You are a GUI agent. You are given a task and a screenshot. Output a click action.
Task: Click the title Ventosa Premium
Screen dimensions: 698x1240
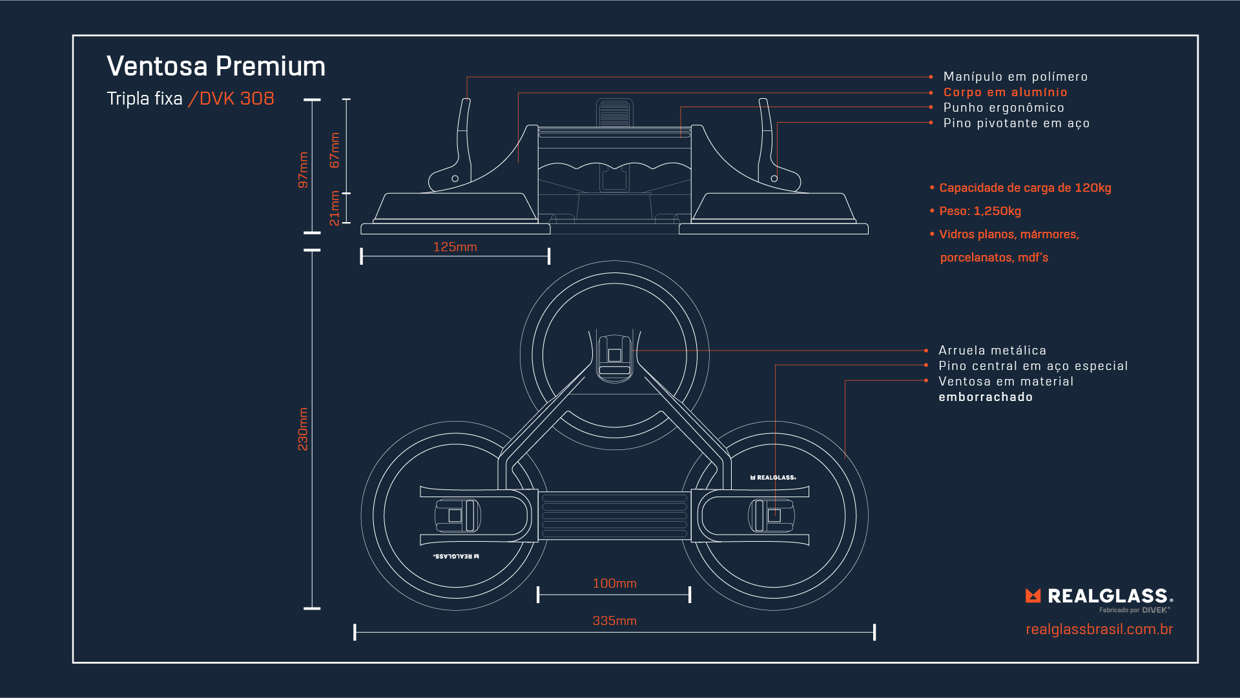click(216, 67)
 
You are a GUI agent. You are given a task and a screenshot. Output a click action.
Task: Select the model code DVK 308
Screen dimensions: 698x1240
click(236, 99)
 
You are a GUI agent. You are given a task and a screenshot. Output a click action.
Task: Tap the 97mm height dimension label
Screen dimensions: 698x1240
click(303, 170)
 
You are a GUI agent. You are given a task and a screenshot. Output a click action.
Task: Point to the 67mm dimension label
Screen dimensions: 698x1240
click(335, 150)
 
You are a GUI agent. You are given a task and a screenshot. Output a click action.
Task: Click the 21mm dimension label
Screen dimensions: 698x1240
click(335, 208)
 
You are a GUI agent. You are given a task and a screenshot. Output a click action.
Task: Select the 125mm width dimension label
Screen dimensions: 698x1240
click(455, 247)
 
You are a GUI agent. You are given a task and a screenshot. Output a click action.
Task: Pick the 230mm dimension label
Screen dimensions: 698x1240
click(303, 429)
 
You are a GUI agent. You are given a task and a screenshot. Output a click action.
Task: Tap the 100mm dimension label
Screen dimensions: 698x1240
click(614, 584)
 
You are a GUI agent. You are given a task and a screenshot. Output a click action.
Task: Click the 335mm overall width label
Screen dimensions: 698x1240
click(614, 621)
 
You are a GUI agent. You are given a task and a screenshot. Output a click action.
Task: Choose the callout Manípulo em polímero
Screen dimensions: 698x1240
click(1015, 77)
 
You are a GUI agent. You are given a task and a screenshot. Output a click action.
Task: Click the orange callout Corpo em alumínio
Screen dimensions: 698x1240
click(1005, 92)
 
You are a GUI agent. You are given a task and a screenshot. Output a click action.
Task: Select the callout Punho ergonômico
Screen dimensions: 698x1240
click(1004, 108)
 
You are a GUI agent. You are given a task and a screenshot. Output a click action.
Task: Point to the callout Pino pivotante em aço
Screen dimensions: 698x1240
click(1017, 123)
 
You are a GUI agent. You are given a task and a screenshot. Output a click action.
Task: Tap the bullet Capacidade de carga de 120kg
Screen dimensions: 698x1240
click(1025, 188)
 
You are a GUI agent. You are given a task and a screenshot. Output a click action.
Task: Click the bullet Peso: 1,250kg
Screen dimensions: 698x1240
click(980, 211)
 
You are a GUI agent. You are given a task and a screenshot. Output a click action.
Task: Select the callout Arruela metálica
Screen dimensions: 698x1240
click(992, 351)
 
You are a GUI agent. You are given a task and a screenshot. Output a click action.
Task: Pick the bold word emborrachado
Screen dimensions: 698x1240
click(986, 397)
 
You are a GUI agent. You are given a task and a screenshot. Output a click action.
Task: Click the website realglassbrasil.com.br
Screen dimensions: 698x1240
click(1099, 630)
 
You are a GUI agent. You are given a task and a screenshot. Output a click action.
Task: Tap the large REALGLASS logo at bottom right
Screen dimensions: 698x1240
click(1099, 596)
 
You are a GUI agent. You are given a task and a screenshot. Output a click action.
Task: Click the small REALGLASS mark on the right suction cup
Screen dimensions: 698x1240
click(773, 478)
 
